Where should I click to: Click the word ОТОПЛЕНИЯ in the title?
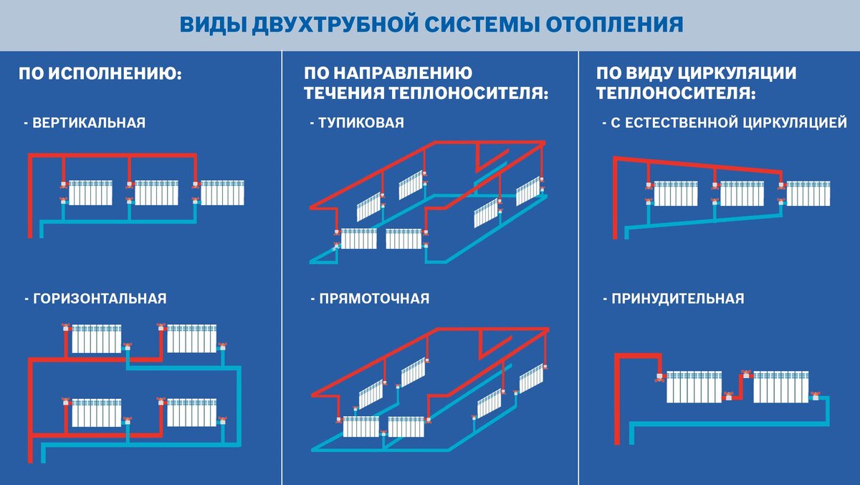pos(615,24)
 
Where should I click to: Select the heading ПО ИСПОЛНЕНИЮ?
pos(100,73)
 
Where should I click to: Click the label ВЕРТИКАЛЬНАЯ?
pos(89,123)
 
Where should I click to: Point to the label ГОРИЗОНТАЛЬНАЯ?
pos(100,298)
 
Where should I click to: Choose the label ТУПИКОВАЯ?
pos(361,123)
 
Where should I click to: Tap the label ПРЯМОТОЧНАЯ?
pos(374,298)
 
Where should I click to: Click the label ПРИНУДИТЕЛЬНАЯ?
pos(678,298)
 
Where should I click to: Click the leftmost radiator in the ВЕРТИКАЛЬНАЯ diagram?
pos(90,192)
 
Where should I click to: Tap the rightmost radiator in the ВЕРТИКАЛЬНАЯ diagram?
pos(222,192)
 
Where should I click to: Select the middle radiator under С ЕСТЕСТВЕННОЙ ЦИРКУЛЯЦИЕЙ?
pos(742,193)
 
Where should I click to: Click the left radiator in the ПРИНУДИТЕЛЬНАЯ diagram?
pos(694,387)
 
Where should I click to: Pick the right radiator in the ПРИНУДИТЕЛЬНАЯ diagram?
pos(781,387)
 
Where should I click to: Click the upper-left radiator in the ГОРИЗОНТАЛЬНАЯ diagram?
pos(96,339)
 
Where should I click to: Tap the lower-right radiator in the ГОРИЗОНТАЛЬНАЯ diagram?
pos(191,413)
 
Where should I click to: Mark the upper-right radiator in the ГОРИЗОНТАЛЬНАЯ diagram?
pos(191,339)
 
